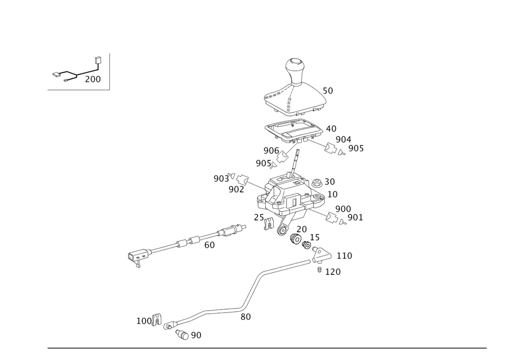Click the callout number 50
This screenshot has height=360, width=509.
(x=328, y=91)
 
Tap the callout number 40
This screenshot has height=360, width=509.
(x=331, y=129)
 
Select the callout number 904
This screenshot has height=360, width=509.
(x=344, y=140)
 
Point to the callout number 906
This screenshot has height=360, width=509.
(x=271, y=150)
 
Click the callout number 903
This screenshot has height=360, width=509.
(x=220, y=179)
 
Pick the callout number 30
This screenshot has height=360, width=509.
(x=329, y=182)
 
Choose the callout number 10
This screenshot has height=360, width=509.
(x=332, y=194)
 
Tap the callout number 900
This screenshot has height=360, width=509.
(x=343, y=209)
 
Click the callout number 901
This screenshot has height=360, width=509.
(x=355, y=218)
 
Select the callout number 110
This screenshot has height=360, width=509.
(x=344, y=255)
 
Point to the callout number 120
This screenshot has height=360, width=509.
(x=333, y=272)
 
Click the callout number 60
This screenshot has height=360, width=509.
(x=209, y=245)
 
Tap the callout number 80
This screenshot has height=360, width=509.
(x=245, y=316)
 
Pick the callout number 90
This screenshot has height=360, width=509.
(x=196, y=336)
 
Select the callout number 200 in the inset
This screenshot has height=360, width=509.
(x=93, y=79)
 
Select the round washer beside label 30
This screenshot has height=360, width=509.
(x=317, y=182)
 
